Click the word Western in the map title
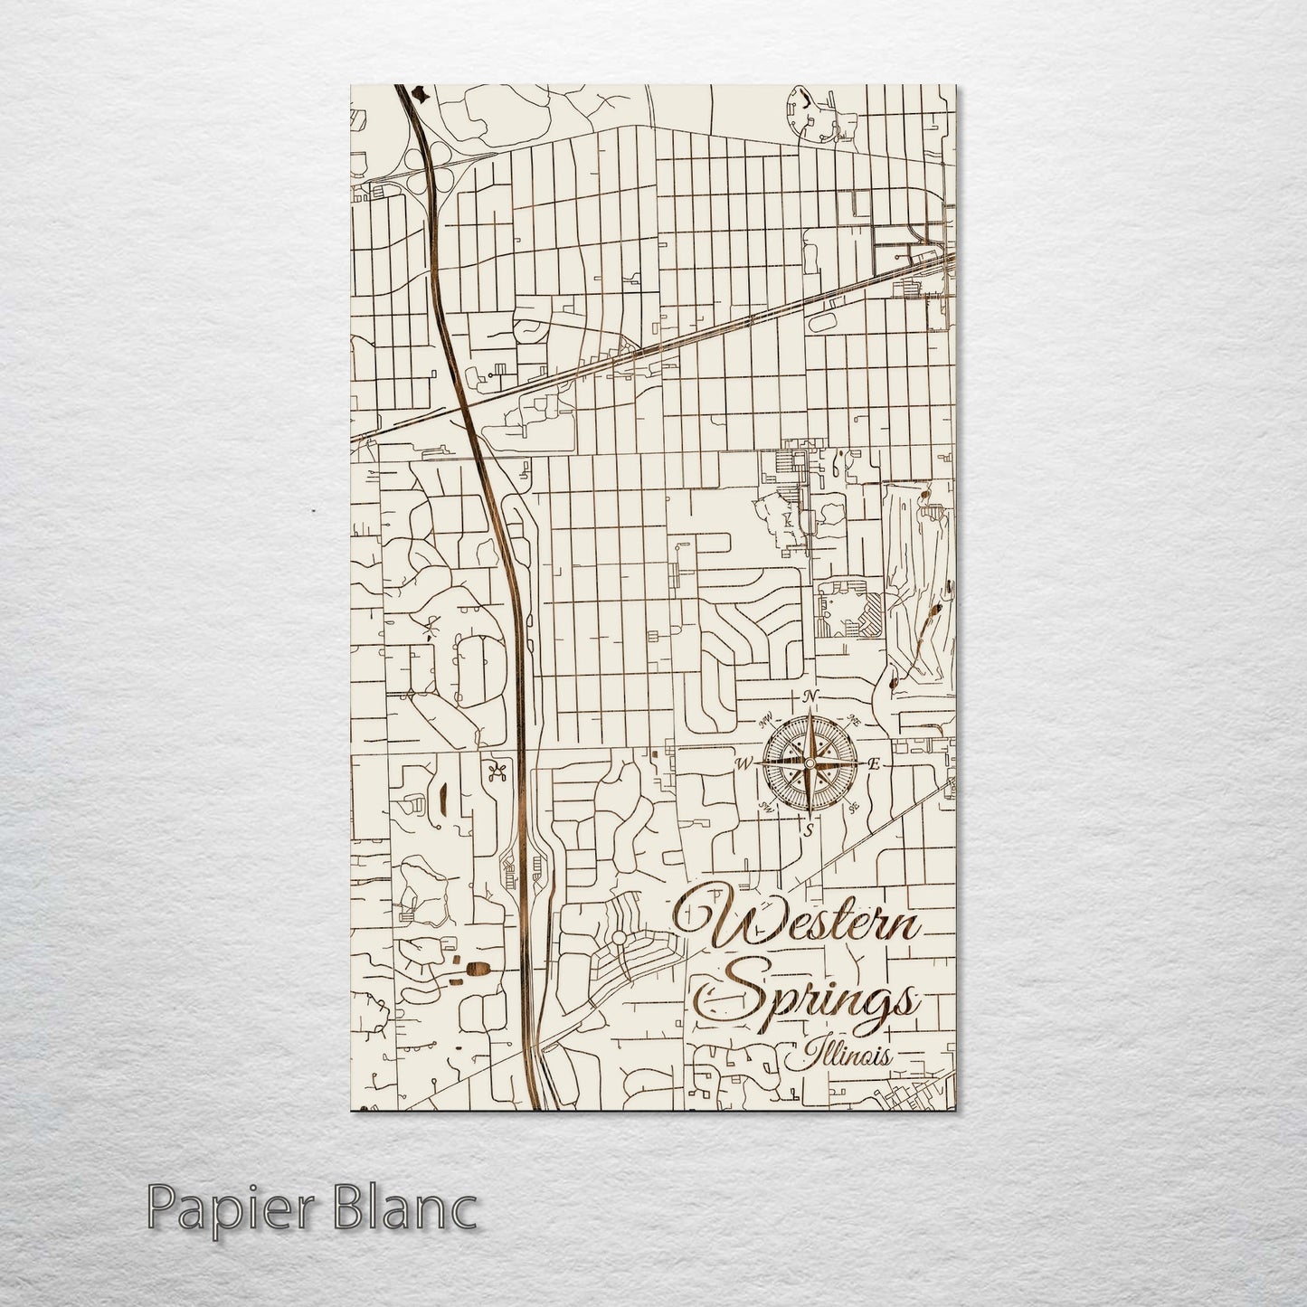click(800, 923)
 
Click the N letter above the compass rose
click(811, 695)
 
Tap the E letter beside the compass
click(874, 764)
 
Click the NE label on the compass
click(855, 720)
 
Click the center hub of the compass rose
click(810, 764)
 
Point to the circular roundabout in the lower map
click(619, 939)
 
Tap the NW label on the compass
click(767, 721)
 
